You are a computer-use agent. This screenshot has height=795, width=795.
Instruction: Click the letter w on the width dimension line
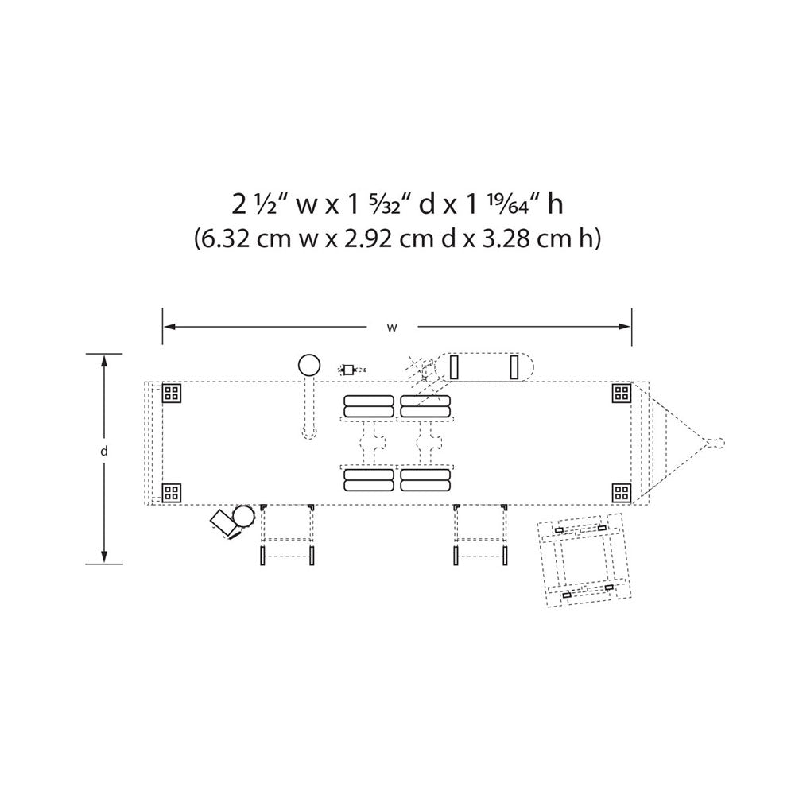(392, 328)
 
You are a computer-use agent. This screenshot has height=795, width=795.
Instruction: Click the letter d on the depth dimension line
(104, 451)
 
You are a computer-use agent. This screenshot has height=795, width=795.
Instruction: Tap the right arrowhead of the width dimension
(625, 327)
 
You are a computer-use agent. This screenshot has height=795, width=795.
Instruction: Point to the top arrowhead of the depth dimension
(104, 360)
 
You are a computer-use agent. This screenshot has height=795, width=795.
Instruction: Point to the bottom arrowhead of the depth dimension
(104, 556)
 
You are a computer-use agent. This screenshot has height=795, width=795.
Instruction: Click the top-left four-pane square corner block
(172, 393)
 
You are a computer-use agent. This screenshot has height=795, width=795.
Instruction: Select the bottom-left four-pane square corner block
(172, 492)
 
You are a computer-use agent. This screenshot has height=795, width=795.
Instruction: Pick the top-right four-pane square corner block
(622, 393)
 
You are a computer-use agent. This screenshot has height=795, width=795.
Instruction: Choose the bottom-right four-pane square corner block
(622, 492)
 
